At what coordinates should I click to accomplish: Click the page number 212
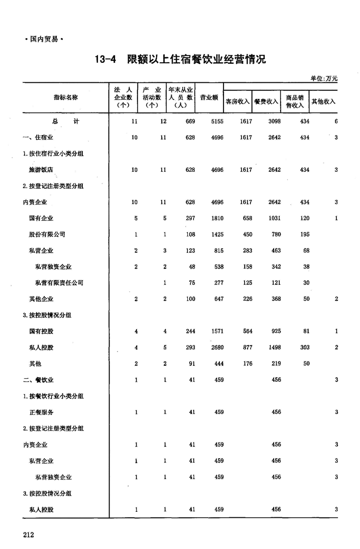coord(28,535)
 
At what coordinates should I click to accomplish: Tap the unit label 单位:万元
coord(324,78)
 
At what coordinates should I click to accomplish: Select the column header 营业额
coord(209,97)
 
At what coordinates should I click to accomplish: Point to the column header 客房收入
coord(237,101)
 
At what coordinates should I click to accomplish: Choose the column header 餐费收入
coord(266,101)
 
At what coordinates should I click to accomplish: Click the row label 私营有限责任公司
coord(59,283)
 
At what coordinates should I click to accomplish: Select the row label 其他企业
coord(41,299)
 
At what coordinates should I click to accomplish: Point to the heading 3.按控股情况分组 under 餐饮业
coord(47,493)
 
